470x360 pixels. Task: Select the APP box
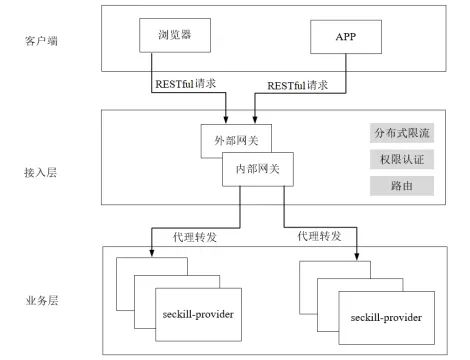tap(346, 37)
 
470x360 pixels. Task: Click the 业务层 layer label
tap(44, 299)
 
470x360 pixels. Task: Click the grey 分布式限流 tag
tap(399, 134)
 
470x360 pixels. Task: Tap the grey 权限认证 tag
tap(399, 160)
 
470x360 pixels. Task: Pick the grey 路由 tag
tap(399, 186)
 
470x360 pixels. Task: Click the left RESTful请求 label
tap(187, 86)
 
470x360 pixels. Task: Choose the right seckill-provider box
tap(385, 316)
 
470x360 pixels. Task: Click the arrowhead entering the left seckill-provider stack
tap(152, 246)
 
